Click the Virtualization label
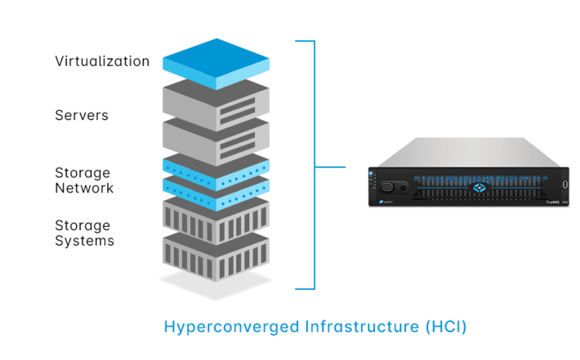coord(102,61)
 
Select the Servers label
coord(82,115)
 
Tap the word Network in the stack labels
coord(84,189)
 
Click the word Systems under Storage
coord(84,241)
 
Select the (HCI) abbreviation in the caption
coord(445,327)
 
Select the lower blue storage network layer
coord(216,188)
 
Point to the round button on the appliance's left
coord(403,186)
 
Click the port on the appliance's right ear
coord(564,184)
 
